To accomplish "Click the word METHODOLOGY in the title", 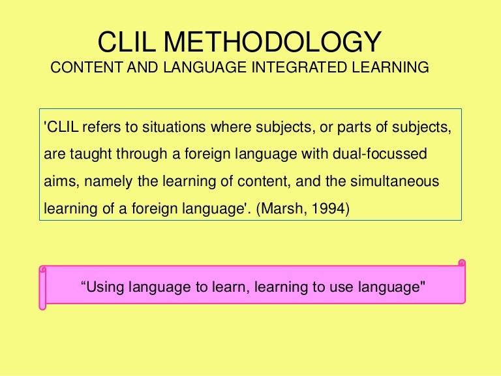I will tap(273, 43).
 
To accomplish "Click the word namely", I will tap(104, 182).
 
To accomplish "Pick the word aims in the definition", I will tap(58, 182).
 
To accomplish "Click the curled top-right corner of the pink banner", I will tap(462, 264).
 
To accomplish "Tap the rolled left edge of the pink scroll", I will tap(43, 287).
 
